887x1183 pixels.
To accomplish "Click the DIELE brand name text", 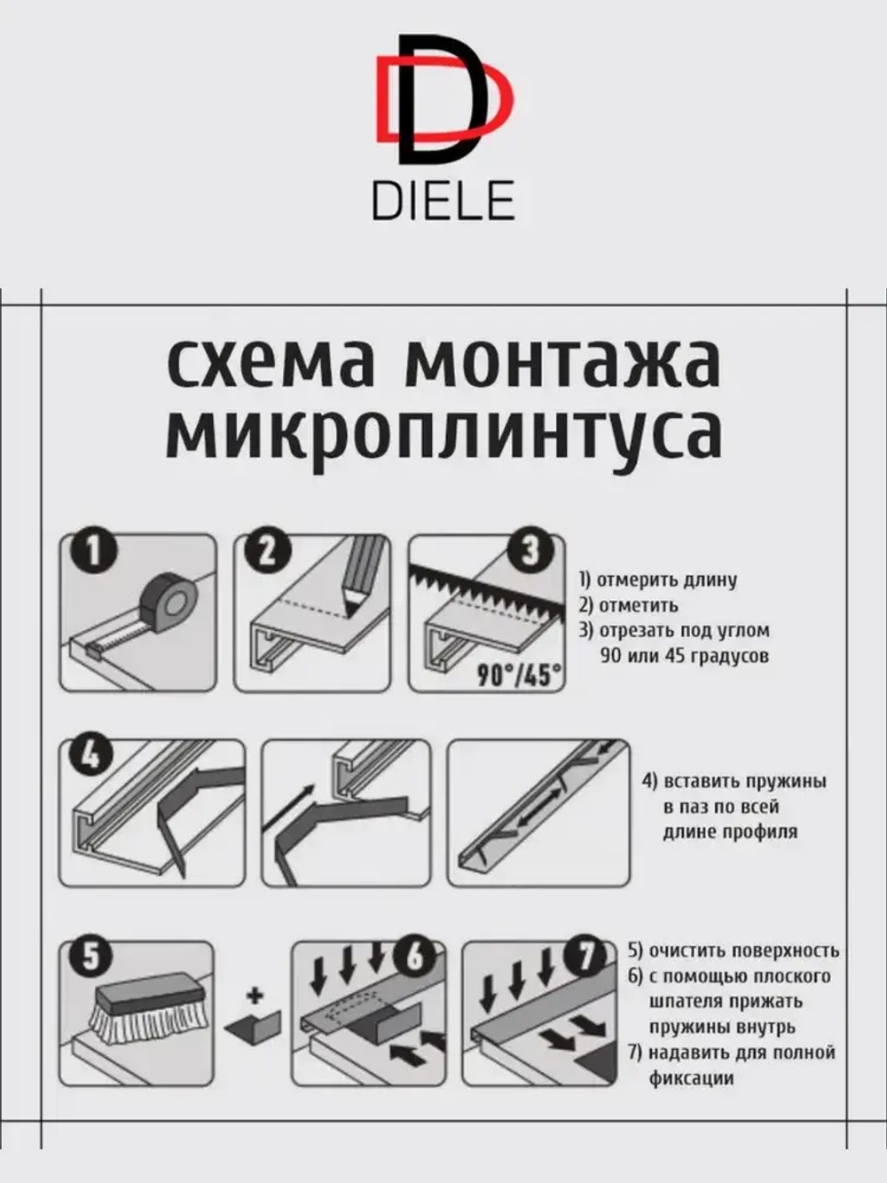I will (443, 201).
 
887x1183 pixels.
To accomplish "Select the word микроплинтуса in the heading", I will (443, 432).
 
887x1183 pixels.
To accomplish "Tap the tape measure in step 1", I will (169, 603).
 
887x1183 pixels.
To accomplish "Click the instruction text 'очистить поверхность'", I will (743, 951).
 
